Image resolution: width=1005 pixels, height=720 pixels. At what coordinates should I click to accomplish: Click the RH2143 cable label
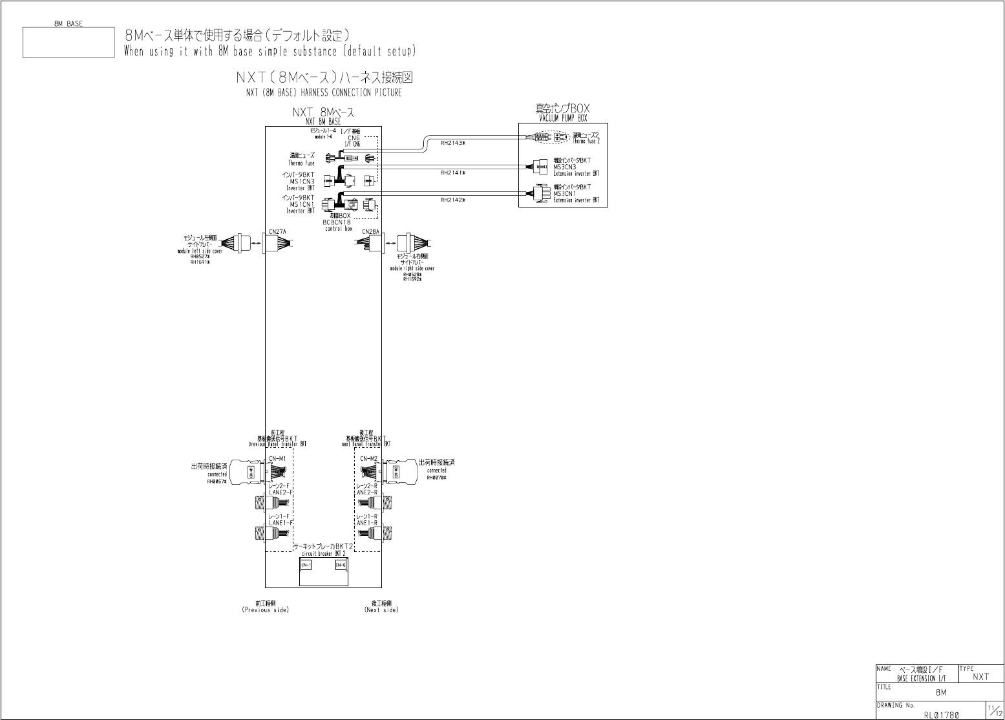(x=452, y=143)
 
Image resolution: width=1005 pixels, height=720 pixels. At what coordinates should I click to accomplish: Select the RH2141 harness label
(x=452, y=173)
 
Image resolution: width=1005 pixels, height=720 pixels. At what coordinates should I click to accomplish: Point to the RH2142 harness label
(x=452, y=200)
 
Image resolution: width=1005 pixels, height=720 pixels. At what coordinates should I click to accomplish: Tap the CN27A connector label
(x=278, y=231)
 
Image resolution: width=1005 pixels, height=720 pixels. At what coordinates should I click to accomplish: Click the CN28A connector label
(x=370, y=231)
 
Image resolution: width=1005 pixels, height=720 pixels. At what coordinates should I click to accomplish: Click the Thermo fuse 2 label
(x=586, y=141)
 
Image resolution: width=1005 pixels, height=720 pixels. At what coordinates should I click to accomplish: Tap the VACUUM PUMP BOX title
(x=563, y=119)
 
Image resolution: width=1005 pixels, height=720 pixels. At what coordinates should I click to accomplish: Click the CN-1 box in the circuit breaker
(x=306, y=565)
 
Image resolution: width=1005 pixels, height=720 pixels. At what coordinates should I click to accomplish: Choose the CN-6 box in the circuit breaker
(x=341, y=565)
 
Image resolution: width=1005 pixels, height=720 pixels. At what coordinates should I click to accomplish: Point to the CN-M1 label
(x=278, y=459)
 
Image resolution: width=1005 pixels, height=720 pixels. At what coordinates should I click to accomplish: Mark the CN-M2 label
(x=368, y=459)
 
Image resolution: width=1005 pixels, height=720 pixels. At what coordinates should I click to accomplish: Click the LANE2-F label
(x=280, y=492)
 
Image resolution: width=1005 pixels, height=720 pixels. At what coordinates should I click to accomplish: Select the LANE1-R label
(x=367, y=523)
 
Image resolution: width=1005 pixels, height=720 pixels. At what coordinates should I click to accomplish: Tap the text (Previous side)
(x=266, y=610)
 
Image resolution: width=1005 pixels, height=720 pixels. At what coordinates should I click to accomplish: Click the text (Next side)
(x=381, y=610)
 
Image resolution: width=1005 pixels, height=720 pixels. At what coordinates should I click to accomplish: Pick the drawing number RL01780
(x=942, y=715)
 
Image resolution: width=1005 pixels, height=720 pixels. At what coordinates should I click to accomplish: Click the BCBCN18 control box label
(x=337, y=222)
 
